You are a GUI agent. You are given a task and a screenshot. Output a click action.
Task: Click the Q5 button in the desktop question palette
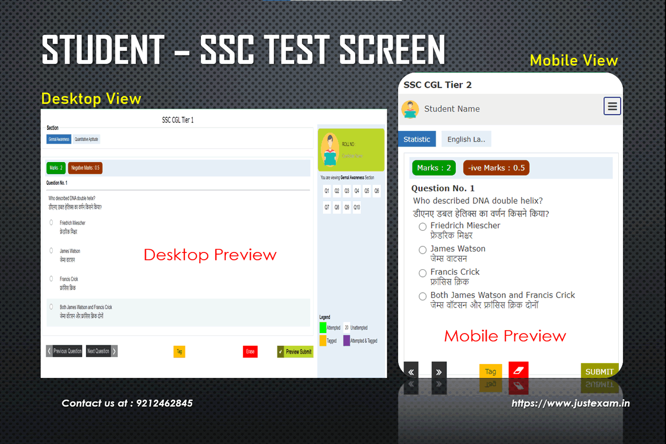point(367,191)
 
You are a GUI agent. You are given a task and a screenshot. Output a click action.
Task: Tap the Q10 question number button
point(357,208)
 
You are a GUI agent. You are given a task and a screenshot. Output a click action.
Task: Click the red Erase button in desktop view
point(250,351)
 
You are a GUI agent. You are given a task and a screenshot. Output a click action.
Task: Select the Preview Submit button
point(295,351)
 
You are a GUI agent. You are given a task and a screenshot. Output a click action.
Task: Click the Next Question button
point(102,351)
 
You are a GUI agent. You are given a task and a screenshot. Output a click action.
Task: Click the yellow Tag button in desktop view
point(179,351)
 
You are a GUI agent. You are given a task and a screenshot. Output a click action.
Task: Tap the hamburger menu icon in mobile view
point(612,107)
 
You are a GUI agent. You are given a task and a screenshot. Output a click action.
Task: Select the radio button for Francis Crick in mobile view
point(423,273)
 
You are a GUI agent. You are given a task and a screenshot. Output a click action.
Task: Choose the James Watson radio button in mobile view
point(423,250)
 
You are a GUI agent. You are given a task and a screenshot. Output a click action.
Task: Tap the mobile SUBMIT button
point(599,371)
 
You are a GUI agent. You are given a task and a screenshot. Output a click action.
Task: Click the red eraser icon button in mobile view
point(518,370)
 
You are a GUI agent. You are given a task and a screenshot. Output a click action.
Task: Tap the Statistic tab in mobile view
point(417,139)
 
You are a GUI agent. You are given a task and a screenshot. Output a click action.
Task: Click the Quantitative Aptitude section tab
point(87,139)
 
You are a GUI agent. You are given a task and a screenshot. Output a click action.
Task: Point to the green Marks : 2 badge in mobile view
point(433,168)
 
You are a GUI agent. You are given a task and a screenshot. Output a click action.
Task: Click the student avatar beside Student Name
point(410,109)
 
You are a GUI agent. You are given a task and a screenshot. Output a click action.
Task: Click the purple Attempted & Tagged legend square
point(346,340)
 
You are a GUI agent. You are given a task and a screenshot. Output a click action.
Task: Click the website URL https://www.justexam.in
point(571,403)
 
